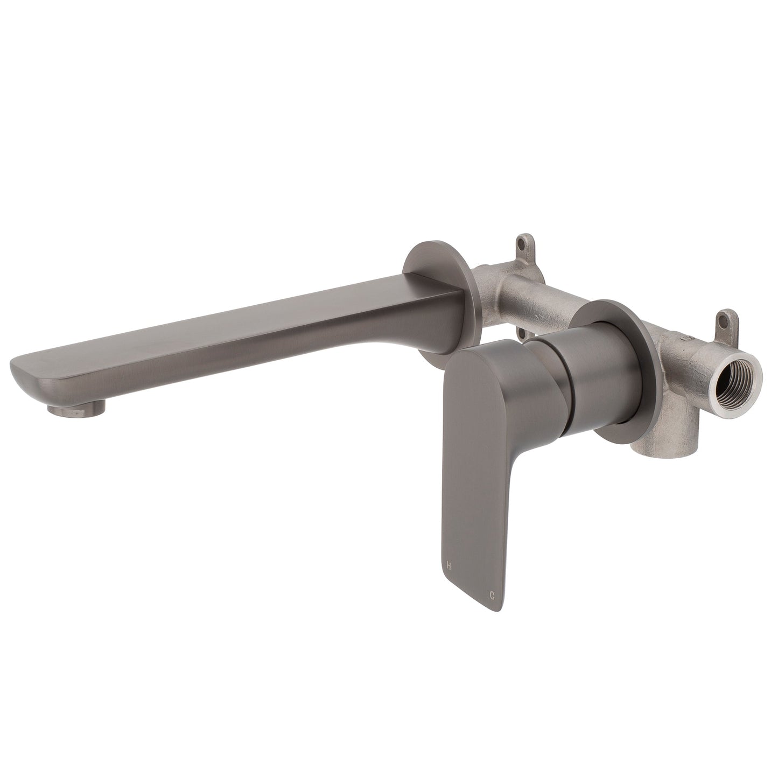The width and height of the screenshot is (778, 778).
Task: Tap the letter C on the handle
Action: click(491, 595)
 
